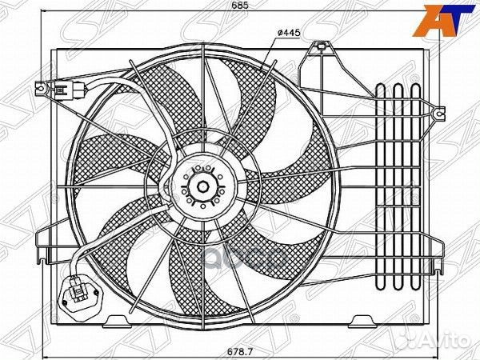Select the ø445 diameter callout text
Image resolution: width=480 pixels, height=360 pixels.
[x=287, y=31]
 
